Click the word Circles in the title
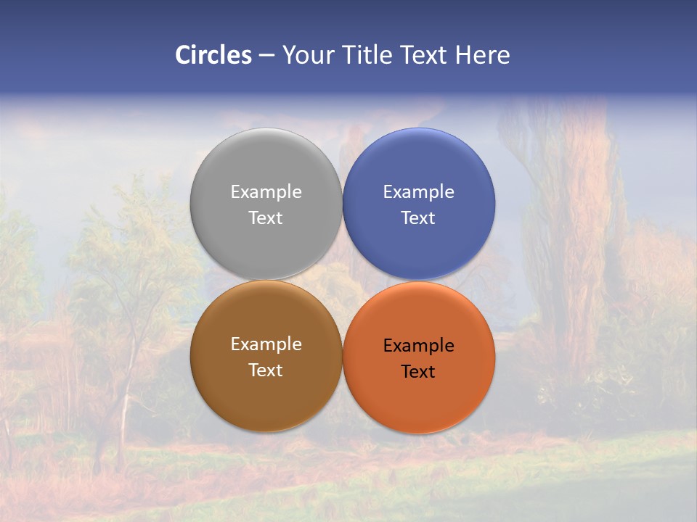click(x=213, y=55)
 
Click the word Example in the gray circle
click(x=266, y=192)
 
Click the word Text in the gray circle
click(x=266, y=217)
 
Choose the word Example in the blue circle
click(x=418, y=192)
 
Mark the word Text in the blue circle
click(x=418, y=217)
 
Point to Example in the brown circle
click(x=266, y=344)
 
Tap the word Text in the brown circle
click(x=266, y=370)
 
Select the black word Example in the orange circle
click(x=418, y=346)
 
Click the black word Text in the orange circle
click(x=418, y=371)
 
